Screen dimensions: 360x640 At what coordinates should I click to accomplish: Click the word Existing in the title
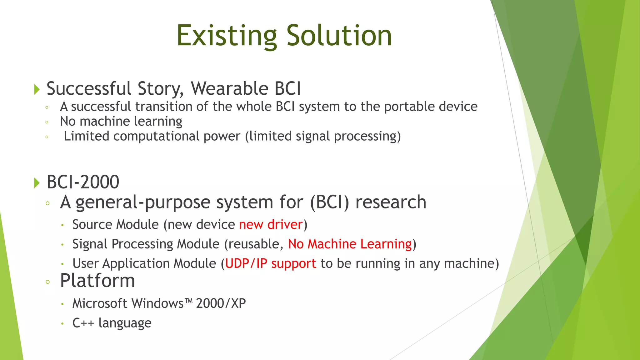227,36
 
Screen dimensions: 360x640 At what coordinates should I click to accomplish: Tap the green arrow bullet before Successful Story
37,89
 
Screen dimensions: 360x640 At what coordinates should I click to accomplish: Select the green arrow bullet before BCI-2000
37,182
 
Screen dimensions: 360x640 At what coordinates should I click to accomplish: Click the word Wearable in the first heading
230,88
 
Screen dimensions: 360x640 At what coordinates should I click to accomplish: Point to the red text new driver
271,225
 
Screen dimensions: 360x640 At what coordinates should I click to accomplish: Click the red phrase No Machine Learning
350,244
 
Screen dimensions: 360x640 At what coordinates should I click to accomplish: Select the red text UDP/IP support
270,263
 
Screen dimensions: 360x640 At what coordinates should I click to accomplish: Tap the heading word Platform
97,281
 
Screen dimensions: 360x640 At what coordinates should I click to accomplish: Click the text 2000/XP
221,303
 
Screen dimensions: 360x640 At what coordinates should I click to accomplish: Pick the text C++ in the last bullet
83,323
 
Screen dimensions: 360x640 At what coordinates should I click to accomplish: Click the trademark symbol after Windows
188,301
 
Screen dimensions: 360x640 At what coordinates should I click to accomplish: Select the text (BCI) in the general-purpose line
329,202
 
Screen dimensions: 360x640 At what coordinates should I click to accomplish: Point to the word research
391,202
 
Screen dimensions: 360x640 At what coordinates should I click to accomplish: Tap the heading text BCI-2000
83,182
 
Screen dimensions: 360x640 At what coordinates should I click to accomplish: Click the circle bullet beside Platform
47,282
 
